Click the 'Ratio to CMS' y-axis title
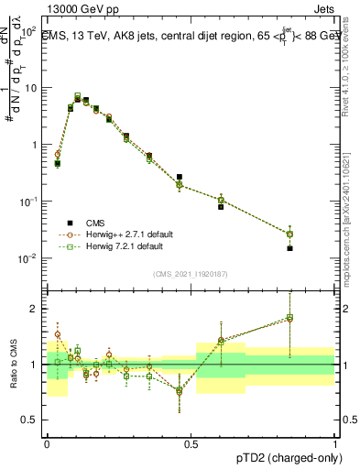point(12,365)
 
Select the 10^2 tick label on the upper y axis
point(27,31)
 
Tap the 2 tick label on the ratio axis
point(36,309)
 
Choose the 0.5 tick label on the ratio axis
point(32,420)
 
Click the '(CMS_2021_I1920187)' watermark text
point(191,274)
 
